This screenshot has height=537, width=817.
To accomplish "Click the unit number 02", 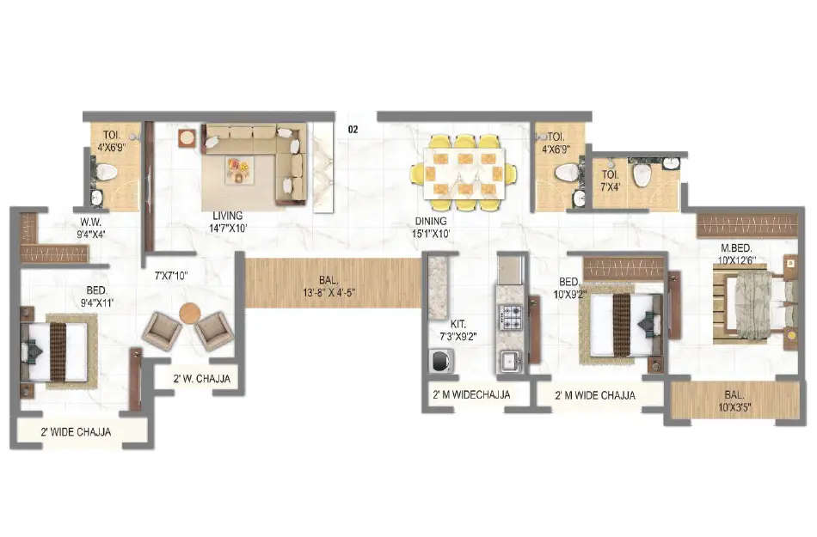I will point(352,130).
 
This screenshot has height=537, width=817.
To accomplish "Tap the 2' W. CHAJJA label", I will point(201,378).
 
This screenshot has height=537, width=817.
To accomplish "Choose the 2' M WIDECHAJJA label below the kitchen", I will point(471,395).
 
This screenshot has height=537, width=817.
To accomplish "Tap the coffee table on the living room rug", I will point(237,168).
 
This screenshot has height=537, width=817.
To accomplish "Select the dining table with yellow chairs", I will point(464,172).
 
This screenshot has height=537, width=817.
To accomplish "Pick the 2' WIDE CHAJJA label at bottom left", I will point(76,432).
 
